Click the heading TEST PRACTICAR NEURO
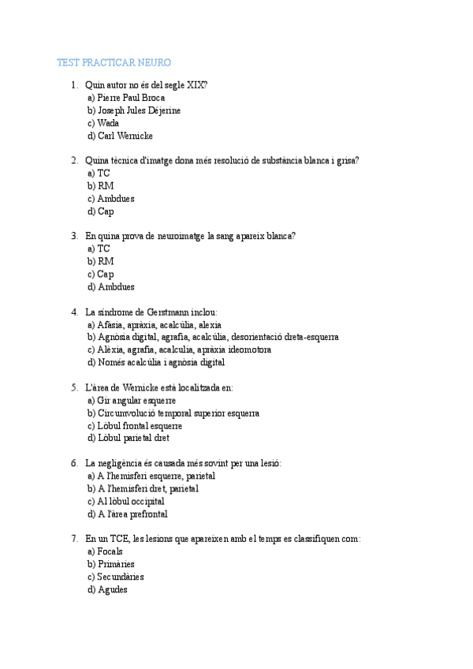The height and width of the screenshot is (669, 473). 114,62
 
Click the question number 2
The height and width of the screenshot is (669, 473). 74,161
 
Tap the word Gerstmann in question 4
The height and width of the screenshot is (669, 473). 161,312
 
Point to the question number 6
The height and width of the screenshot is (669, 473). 74,463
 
